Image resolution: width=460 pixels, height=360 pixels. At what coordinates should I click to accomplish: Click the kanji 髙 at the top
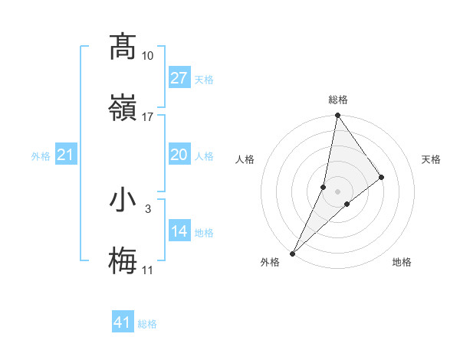point(123,47)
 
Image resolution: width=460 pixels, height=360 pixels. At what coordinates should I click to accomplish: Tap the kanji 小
point(123,200)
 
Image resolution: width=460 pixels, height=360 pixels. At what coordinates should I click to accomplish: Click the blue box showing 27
point(179,78)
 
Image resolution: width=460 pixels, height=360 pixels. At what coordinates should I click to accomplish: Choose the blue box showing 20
point(179,155)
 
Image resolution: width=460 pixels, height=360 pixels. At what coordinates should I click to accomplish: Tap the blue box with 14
point(179,231)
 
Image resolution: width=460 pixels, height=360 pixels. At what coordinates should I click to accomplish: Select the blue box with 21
point(65,155)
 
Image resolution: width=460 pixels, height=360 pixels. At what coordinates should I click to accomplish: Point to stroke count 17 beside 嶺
point(148,117)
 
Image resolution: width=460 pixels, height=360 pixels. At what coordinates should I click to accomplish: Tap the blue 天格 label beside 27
point(204,79)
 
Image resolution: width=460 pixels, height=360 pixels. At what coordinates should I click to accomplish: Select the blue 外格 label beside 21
point(41,155)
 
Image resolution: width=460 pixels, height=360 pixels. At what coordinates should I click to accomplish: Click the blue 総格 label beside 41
point(147,323)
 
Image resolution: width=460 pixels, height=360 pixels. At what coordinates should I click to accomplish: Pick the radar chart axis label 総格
point(338,100)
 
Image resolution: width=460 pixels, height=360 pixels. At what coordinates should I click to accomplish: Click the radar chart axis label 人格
point(245,159)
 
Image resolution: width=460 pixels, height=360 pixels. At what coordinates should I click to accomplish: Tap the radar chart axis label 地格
point(402,263)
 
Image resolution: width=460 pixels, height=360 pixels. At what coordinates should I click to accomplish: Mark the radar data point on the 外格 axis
point(293,253)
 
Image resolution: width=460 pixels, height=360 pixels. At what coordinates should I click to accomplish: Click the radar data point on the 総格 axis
point(337,116)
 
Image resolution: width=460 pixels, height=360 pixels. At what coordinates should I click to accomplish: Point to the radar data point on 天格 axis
point(382,177)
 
